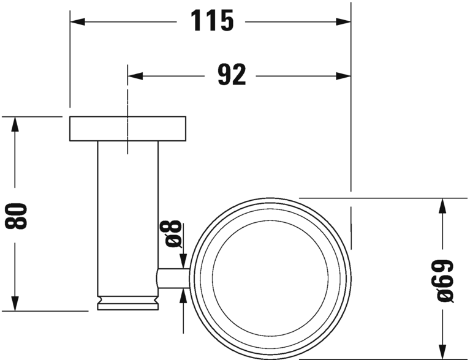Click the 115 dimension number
(213, 21)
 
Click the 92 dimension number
(232, 75)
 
